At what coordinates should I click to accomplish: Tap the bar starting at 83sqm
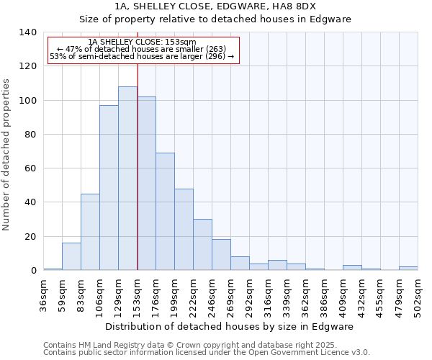[x=90, y=232]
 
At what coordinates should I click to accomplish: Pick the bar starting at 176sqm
[x=165, y=212]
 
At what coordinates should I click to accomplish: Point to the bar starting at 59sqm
[x=71, y=256]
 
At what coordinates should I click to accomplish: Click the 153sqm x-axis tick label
[x=138, y=296]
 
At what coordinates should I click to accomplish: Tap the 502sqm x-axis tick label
[x=418, y=296]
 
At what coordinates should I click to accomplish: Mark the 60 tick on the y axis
[x=31, y=168]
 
